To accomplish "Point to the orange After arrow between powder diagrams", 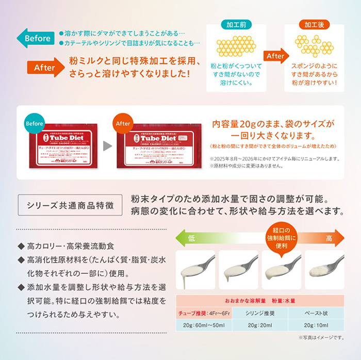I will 275,56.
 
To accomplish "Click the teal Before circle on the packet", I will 34,124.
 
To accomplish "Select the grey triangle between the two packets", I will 107,146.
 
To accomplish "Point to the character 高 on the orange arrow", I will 328,238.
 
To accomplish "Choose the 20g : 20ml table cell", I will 260,325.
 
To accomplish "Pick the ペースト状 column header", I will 314,313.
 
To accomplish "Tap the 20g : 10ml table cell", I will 314,325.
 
